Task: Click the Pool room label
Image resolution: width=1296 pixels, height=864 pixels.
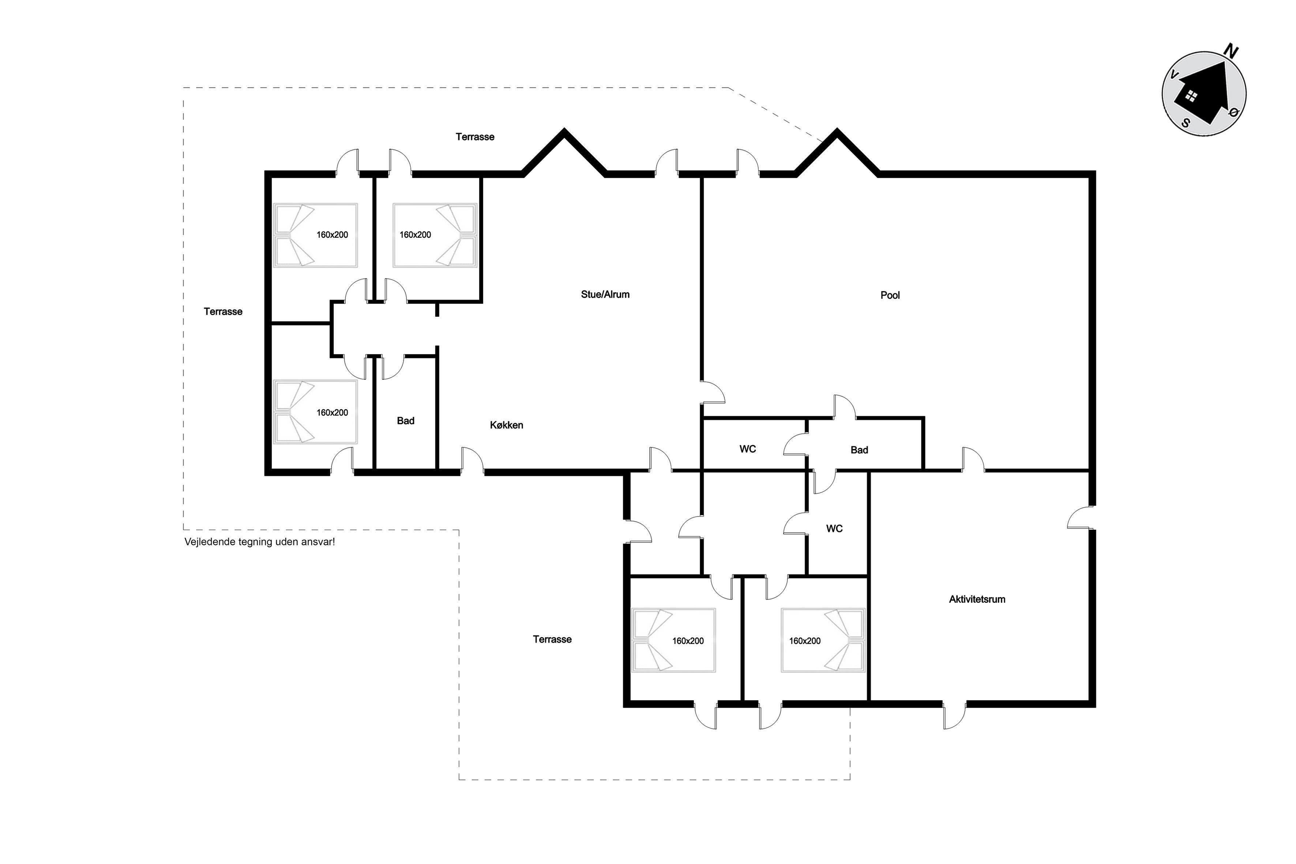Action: tap(890, 295)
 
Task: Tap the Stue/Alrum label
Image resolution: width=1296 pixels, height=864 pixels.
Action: tap(605, 294)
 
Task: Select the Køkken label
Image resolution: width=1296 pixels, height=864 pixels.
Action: tap(506, 425)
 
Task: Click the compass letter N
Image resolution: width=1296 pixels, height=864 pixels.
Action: tap(1231, 51)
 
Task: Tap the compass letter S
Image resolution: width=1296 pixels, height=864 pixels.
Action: tap(1185, 123)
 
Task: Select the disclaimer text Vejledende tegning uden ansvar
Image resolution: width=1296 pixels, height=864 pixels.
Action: tap(260, 542)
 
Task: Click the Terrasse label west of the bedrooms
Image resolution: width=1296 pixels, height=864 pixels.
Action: tap(223, 311)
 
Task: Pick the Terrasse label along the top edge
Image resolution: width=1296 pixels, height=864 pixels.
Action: tap(475, 137)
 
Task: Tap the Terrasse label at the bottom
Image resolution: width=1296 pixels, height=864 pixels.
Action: tap(552, 639)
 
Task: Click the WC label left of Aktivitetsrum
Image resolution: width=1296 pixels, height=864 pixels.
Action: tap(834, 529)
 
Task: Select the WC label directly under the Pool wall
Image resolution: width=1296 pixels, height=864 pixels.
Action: tap(748, 449)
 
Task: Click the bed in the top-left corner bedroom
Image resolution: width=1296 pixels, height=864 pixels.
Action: tap(316, 235)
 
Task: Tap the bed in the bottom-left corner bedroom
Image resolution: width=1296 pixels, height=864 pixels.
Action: tap(316, 412)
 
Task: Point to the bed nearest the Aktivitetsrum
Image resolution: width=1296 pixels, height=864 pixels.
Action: tap(823, 640)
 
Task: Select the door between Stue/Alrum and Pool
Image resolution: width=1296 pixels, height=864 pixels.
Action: tap(713, 392)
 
